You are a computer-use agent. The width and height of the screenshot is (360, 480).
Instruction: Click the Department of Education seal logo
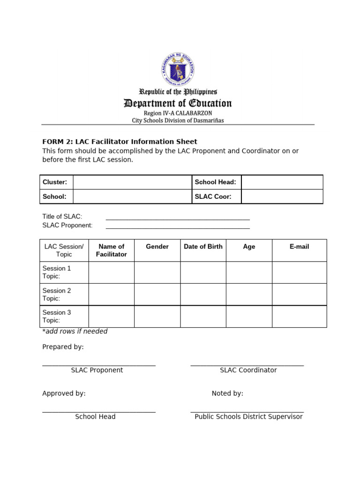point(178,70)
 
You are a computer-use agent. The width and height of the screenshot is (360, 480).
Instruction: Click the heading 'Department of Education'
point(178,103)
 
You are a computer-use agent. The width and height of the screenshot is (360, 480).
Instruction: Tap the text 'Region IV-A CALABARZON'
point(178,113)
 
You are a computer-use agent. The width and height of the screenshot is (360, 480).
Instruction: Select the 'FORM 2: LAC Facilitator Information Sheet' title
point(120,142)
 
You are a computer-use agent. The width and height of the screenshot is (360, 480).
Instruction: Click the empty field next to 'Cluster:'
point(132,182)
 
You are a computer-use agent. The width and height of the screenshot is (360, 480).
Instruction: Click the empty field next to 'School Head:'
point(282,182)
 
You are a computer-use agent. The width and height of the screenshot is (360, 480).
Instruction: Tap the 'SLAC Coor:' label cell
point(216,196)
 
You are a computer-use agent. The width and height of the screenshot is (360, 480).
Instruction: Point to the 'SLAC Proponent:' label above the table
point(67,225)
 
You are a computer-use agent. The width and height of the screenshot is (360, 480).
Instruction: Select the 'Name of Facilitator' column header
point(112,250)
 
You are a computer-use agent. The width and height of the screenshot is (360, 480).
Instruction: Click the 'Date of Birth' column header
point(203,247)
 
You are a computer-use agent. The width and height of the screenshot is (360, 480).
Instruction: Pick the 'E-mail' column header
point(299,247)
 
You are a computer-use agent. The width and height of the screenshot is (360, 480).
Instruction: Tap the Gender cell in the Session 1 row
point(157,272)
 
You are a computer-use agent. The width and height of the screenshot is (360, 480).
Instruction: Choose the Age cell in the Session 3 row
point(249,316)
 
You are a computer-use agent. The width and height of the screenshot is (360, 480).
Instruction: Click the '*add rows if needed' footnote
point(75,331)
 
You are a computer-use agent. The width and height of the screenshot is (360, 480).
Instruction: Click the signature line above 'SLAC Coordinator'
point(247,365)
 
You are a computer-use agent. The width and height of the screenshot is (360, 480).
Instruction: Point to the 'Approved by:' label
point(64,393)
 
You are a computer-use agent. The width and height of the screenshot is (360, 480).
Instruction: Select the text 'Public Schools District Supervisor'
point(248,417)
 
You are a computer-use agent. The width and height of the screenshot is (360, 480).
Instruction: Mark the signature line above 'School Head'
point(99,412)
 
